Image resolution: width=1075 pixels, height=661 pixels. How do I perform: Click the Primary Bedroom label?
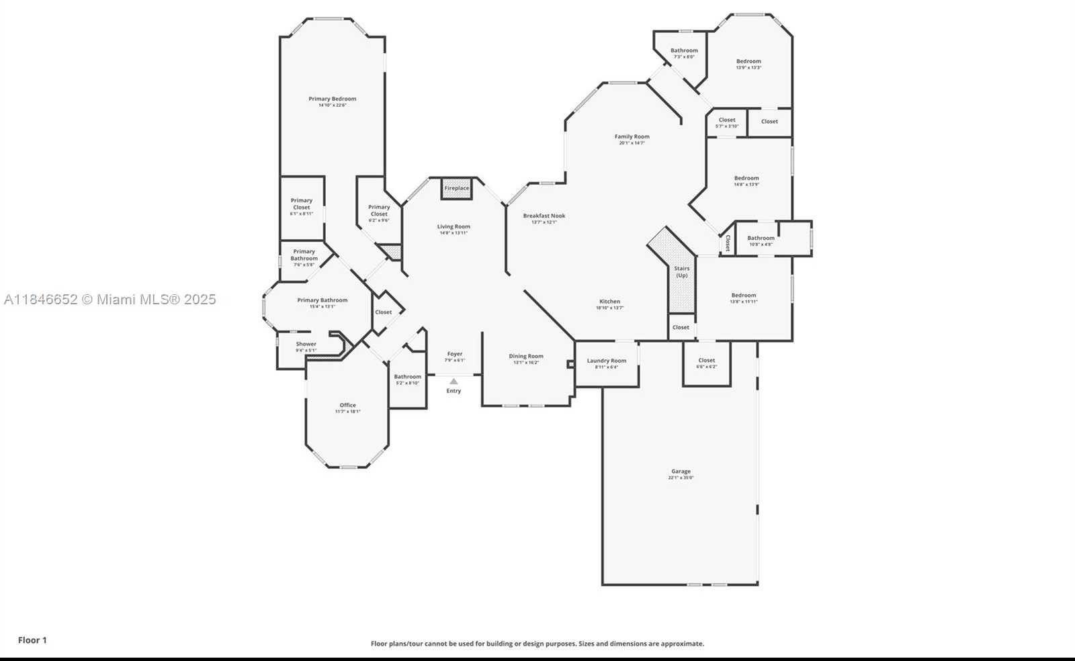(x=333, y=99)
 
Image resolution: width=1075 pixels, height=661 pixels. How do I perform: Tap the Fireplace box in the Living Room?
(x=456, y=188)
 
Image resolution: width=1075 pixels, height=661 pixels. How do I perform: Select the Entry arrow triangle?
(x=454, y=382)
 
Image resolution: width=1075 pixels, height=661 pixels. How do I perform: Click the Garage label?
(x=681, y=472)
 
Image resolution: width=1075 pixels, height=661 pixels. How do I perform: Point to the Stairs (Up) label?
(x=682, y=271)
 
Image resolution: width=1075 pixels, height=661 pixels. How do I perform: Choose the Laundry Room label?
(x=606, y=361)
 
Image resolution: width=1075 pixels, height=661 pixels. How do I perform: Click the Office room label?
(x=347, y=405)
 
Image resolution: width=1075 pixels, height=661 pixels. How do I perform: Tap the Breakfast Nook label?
(x=544, y=216)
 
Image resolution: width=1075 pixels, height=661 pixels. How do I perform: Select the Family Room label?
(x=632, y=136)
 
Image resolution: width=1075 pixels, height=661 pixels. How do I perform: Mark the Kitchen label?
(x=609, y=302)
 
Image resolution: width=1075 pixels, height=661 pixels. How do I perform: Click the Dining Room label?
(x=526, y=357)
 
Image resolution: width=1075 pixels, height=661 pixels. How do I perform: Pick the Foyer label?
(x=455, y=354)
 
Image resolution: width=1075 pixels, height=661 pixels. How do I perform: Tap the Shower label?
(x=306, y=344)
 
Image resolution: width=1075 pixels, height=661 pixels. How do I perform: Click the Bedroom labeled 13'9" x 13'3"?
(x=748, y=61)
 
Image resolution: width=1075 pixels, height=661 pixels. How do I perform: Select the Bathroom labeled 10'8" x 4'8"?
(x=761, y=238)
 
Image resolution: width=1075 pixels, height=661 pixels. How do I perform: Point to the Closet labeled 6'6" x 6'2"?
(x=706, y=361)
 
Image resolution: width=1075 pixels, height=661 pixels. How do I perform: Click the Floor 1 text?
(x=32, y=640)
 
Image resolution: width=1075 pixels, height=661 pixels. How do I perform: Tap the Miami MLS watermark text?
(x=110, y=300)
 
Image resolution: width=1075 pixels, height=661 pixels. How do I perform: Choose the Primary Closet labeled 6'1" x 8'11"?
(x=302, y=204)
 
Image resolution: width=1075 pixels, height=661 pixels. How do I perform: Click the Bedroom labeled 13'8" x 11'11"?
(x=744, y=296)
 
